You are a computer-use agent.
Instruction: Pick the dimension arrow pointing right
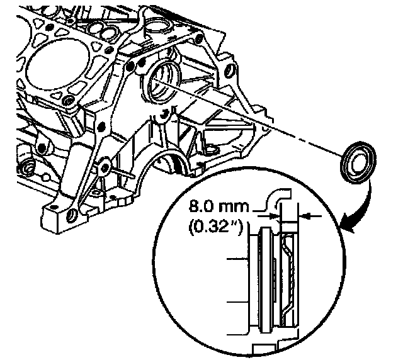coord(275,217)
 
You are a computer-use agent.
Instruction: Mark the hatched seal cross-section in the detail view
coord(290,277)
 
